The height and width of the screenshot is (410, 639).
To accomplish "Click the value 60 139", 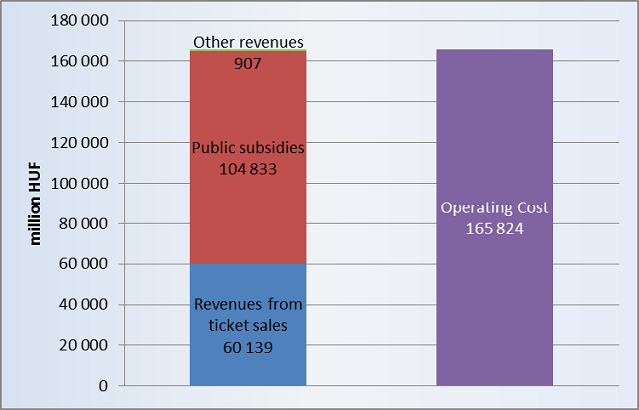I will click(248, 346).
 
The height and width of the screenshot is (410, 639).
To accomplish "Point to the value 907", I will click(248, 61).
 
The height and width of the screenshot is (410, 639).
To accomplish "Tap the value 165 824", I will click(494, 228).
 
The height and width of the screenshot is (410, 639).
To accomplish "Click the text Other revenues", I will click(248, 42).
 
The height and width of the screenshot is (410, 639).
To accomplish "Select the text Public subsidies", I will click(248, 148).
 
